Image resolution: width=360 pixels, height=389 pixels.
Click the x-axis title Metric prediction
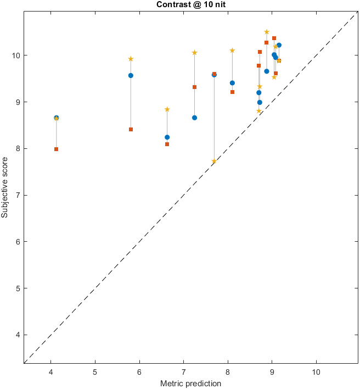(190, 383)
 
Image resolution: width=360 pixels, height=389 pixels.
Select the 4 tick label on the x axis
(51, 371)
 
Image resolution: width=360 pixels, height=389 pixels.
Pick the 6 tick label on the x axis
(139, 371)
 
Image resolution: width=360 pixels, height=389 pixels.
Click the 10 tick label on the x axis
(316, 371)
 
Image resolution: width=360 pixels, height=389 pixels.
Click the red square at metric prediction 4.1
(57, 149)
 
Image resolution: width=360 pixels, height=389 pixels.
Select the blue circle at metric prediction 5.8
(131, 75)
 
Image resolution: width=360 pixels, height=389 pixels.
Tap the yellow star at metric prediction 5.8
(131, 59)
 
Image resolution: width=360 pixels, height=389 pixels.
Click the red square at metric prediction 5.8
(131, 129)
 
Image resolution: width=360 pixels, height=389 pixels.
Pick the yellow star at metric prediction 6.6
(167, 109)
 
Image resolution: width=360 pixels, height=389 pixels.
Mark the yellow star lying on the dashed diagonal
(214, 161)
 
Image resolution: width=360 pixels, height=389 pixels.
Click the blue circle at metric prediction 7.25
(195, 118)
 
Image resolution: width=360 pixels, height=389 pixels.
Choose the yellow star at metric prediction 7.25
(195, 52)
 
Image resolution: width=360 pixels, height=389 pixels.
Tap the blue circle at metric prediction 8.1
(232, 83)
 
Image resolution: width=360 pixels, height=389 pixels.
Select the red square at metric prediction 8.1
(232, 92)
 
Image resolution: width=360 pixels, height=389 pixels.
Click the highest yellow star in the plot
(267, 32)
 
